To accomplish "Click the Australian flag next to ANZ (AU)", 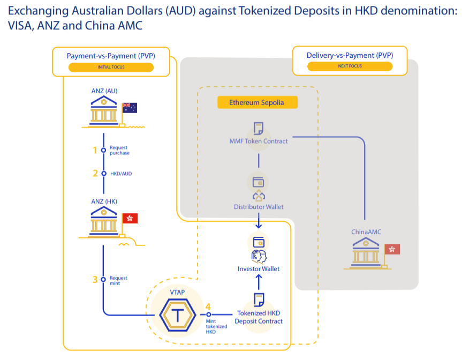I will tap(130, 108).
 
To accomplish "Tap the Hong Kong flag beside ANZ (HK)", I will tap(130, 218).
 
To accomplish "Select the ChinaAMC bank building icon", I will tap(367, 251).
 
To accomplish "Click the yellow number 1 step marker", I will tap(95, 150).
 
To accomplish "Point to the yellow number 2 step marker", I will tap(95, 173).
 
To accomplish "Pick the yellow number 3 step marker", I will tap(95, 279).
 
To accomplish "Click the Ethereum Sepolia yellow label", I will tap(257, 102).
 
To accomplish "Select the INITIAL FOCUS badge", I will tap(111, 67).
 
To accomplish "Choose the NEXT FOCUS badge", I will tap(350, 66).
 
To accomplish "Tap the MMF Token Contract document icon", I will tap(259, 129).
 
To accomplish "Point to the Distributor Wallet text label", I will tap(259, 207).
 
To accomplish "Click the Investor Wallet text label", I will tap(259, 269).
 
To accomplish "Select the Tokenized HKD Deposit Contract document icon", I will tap(259, 300).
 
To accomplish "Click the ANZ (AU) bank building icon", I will tap(104, 110).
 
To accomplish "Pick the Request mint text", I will tap(118, 280).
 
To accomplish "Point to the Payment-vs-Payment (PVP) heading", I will tap(111, 56).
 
